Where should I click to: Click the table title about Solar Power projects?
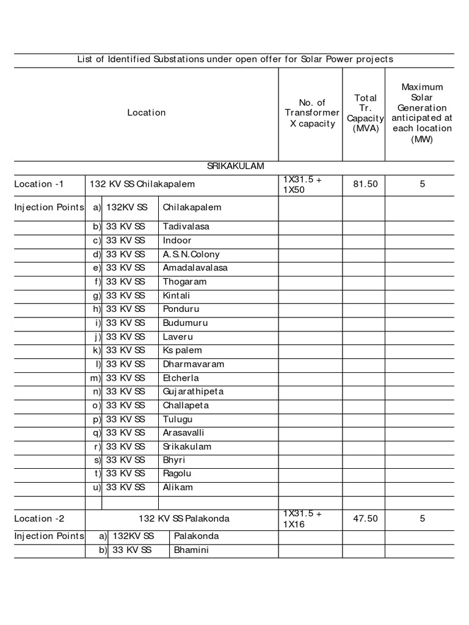(234, 59)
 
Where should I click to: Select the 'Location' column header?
(146, 112)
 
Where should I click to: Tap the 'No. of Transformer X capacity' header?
(312, 113)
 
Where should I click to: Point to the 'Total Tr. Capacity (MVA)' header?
(365, 113)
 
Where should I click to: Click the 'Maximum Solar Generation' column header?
(422, 113)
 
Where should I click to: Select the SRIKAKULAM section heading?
(235, 166)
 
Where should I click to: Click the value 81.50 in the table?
(365, 184)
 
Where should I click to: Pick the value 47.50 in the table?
(365, 519)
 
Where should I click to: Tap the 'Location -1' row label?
(38, 184)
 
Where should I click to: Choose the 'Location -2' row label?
(38, 519)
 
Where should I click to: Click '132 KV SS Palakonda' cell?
(184, 519)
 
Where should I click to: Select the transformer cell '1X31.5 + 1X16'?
(302, 519)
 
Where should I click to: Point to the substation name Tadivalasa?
(186, 226)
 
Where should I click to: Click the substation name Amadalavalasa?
(194, 268)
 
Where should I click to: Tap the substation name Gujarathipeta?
(193, 391)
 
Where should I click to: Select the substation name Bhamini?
(191, 551)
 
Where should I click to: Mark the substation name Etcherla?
(181, 378)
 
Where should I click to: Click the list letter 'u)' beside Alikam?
(96, 487)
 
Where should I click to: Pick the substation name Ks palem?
(182, 350)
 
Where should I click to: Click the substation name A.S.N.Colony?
(191, 254)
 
